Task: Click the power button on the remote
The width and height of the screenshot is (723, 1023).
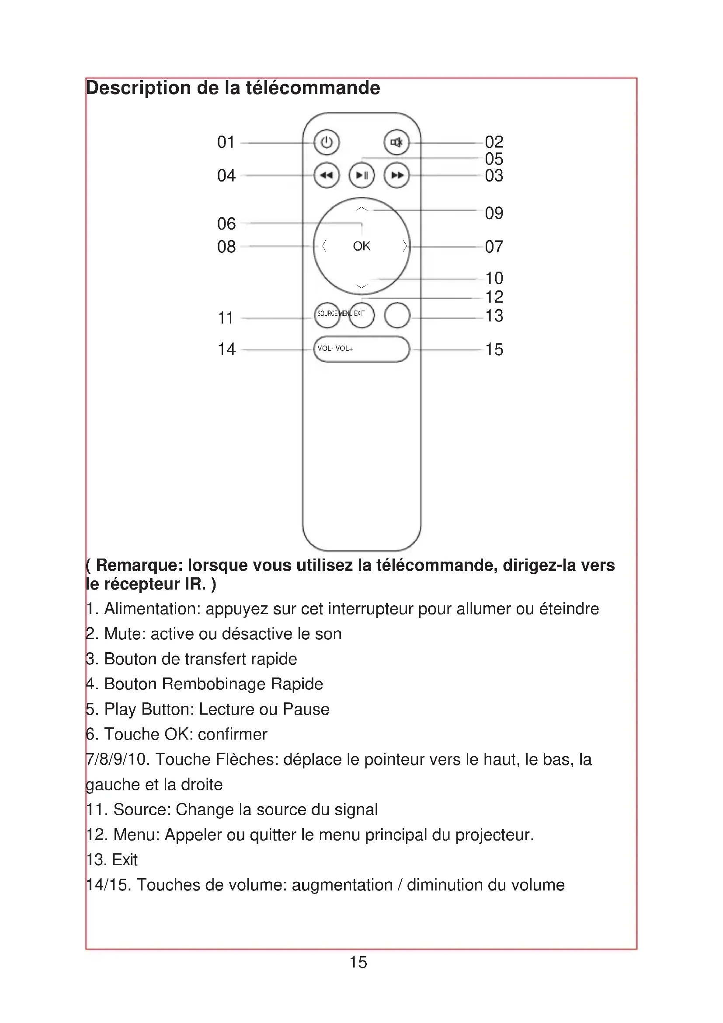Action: pos(327,143)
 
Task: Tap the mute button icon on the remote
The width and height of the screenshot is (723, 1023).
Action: pos(396,143)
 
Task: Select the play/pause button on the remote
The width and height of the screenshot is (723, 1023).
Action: pos(361,175)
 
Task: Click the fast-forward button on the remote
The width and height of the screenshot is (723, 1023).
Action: pos(396,175)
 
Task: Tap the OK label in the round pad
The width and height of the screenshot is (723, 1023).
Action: pos(361,246)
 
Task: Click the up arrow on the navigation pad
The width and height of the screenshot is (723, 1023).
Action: pos(362,209)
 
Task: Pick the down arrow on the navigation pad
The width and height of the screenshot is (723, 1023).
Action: pos(362,286)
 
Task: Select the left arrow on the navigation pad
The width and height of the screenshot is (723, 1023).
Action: pos(324,246)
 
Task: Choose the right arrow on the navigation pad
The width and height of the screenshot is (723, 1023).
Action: pos(404,246)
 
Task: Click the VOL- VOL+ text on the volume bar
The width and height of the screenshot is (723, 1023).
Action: pos(335,349)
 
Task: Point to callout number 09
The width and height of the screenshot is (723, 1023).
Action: pos(494,213)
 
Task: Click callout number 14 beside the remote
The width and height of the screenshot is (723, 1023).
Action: pos(226,349)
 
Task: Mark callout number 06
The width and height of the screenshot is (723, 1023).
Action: pos(226,223)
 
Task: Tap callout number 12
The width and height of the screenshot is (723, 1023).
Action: pos(494,297)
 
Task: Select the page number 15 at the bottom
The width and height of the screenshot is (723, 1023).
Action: pos(358,962)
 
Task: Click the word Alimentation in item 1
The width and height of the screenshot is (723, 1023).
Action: pos(152,609)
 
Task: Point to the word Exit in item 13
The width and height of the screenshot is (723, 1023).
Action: pos(125,860)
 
